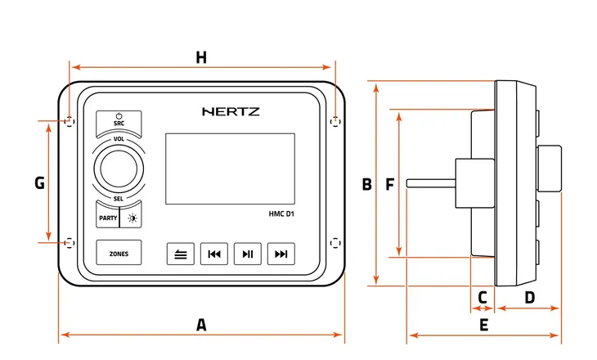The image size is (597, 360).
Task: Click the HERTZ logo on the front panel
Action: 231,111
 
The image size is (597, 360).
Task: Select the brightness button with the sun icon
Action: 131,218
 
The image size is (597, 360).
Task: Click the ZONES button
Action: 119,254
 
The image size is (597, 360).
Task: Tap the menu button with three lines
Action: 180,254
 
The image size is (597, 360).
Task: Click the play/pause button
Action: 247,254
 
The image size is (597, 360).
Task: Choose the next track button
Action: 281,254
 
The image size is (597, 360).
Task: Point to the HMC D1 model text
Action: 281,215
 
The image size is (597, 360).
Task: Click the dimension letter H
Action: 201,57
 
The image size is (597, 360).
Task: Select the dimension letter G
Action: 39,183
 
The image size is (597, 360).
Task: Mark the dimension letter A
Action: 201,325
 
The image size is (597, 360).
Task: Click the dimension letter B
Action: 367,185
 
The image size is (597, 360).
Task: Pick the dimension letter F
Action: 389,185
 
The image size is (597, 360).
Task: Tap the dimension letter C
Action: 483,297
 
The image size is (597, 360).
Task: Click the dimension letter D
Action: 529,297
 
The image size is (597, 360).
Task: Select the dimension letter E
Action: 483,325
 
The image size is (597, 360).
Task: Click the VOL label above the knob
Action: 119,140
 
